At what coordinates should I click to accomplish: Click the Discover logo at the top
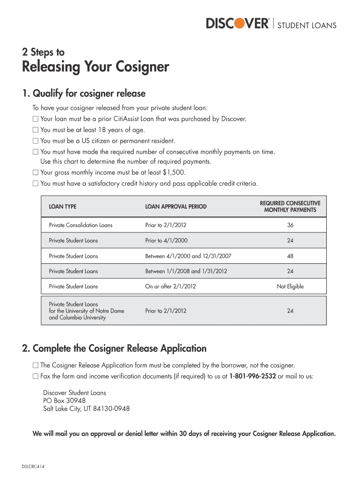pos(238,23)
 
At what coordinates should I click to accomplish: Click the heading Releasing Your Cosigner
pos(95,67)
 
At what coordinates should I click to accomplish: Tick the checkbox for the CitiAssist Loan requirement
pos(35,119)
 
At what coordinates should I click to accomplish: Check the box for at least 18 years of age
pos(35,130)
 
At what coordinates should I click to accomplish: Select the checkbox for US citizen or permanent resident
pos(35,141)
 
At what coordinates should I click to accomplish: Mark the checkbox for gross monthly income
pos(35,173)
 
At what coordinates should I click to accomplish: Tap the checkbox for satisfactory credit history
pos(35,183)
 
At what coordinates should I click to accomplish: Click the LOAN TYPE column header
pos(63,206)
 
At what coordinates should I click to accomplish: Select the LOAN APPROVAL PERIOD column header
pos(176,206)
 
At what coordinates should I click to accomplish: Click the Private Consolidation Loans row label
pos(81,225)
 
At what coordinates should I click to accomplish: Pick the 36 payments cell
pos(290,225)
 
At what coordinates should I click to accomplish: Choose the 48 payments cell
pos(290,256)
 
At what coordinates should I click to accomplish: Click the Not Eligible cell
pos(290,286)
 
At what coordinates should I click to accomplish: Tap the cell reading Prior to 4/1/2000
pos(166,240)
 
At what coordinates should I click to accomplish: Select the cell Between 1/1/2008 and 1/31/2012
pos(186,271)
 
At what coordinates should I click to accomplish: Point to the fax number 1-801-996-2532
pos(253,376)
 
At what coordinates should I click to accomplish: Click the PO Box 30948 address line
pos(64,401)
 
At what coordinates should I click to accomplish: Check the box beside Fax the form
pos(35,376)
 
